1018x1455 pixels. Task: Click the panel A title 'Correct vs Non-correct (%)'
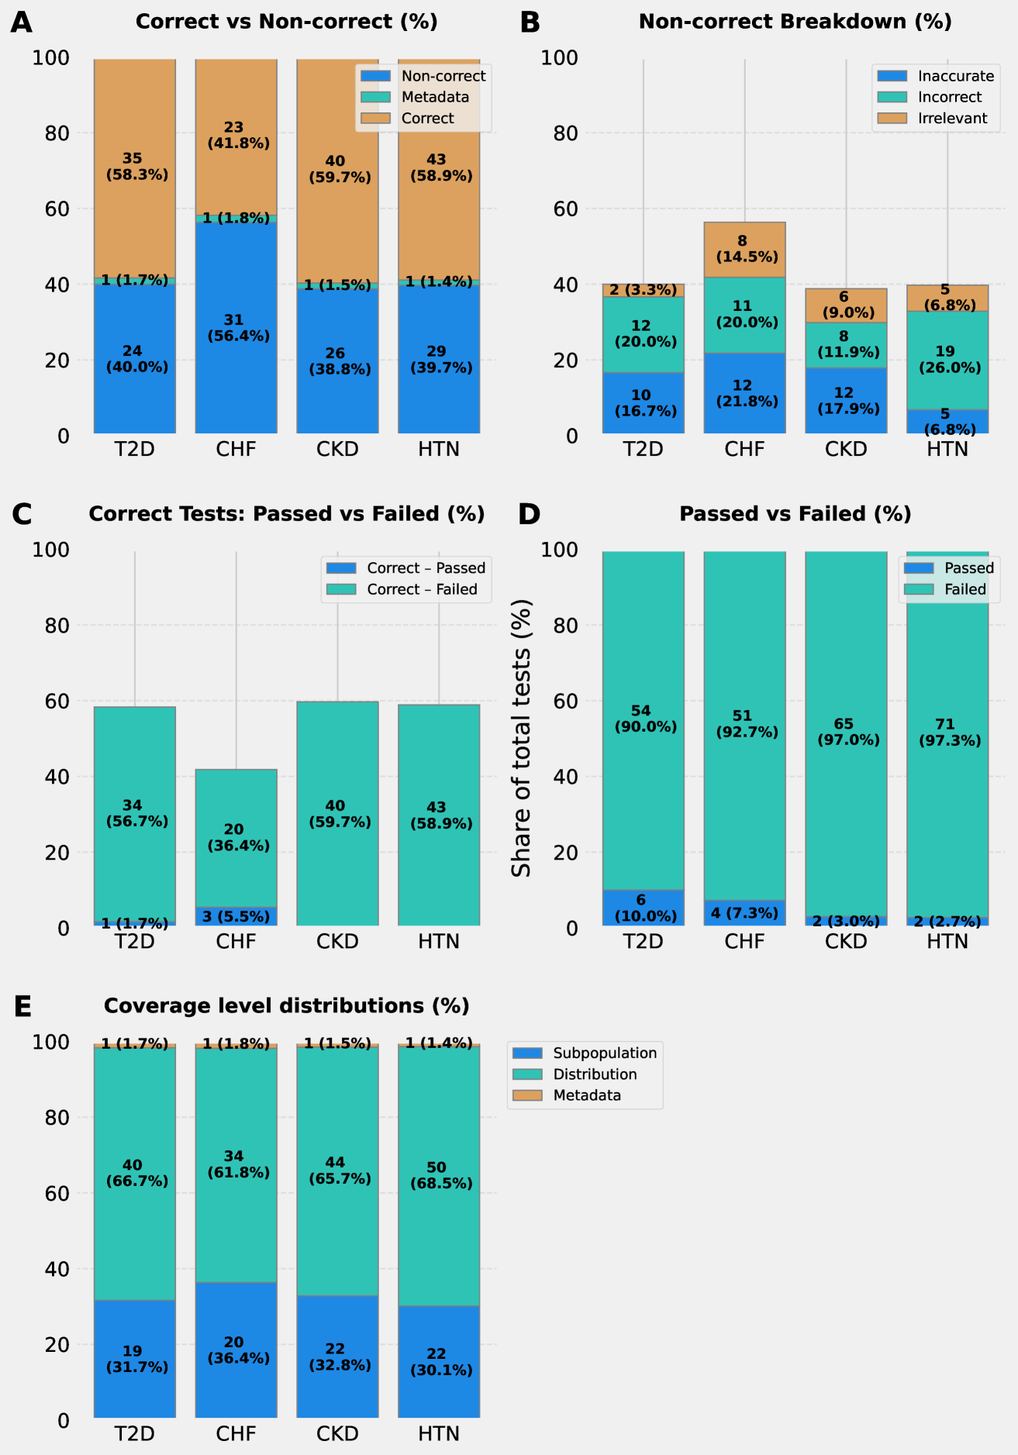(286, 22)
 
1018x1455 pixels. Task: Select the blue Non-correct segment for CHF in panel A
(236, 372)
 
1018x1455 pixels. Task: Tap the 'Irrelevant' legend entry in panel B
(952, 119)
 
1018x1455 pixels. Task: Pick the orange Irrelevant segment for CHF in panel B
(744, 250)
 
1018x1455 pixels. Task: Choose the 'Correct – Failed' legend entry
(422, 589)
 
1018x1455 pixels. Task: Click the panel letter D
(529, 515)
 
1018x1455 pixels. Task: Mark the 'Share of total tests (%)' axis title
(522, 737)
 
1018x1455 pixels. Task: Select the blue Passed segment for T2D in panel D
(643, 908)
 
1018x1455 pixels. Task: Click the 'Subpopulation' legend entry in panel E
(604, 1053)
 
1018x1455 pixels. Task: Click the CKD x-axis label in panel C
(337, 942)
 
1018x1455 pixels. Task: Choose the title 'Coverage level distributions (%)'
(286, 1006)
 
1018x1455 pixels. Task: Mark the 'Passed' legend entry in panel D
(968, 568)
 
